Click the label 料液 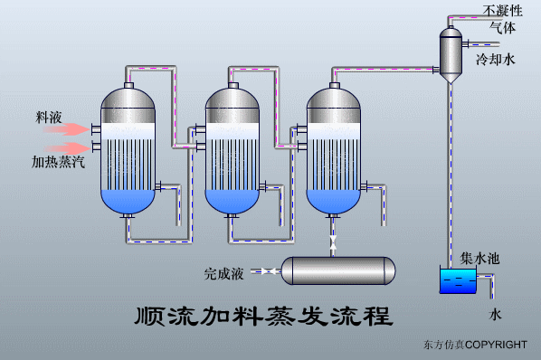[x=48, y=118]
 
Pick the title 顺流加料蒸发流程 [x=262, y=317]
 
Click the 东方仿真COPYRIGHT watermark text [x=474, y=345]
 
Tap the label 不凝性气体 [x=503, y=19]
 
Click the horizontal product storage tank [x=339, y=270]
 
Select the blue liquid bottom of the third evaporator [x=336, y=200]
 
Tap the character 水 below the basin [x=495, y=316]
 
